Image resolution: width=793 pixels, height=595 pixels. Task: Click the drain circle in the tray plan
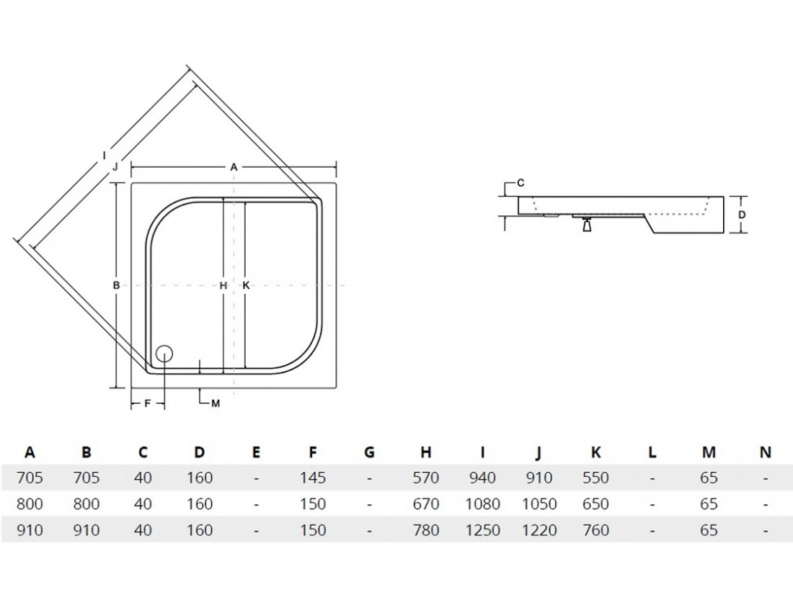coord(165,353)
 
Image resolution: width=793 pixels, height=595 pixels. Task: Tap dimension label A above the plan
coord(234,167)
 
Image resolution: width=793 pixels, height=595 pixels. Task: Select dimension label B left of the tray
coord(116,286)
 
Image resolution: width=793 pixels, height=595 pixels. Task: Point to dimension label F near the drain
coord(148,403)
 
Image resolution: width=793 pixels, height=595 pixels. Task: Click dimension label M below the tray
coord(216,403)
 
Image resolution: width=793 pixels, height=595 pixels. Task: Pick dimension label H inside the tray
coord(223,286)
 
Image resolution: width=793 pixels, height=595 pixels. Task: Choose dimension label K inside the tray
coord(247,286)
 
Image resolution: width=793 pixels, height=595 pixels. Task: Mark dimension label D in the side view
coord(741,215)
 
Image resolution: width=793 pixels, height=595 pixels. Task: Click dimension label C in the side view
coord(521,183)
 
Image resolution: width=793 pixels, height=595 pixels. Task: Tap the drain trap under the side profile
coord(587,225)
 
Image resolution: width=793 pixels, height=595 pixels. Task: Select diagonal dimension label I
coord(105,155)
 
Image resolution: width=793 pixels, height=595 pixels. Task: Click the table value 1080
coord(482,504)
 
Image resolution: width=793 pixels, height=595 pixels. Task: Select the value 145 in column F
coord(313,478)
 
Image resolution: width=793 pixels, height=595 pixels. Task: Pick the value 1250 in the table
coord(482,530)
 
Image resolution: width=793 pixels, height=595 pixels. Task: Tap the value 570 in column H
coord(426,478)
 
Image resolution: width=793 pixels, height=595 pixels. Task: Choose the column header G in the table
coord(369,452)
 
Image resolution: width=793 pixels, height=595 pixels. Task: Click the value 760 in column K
coord(595,530)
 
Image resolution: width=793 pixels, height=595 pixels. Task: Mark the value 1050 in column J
coord(539,504)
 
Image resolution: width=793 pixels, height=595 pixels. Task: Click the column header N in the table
coord(766,452)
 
